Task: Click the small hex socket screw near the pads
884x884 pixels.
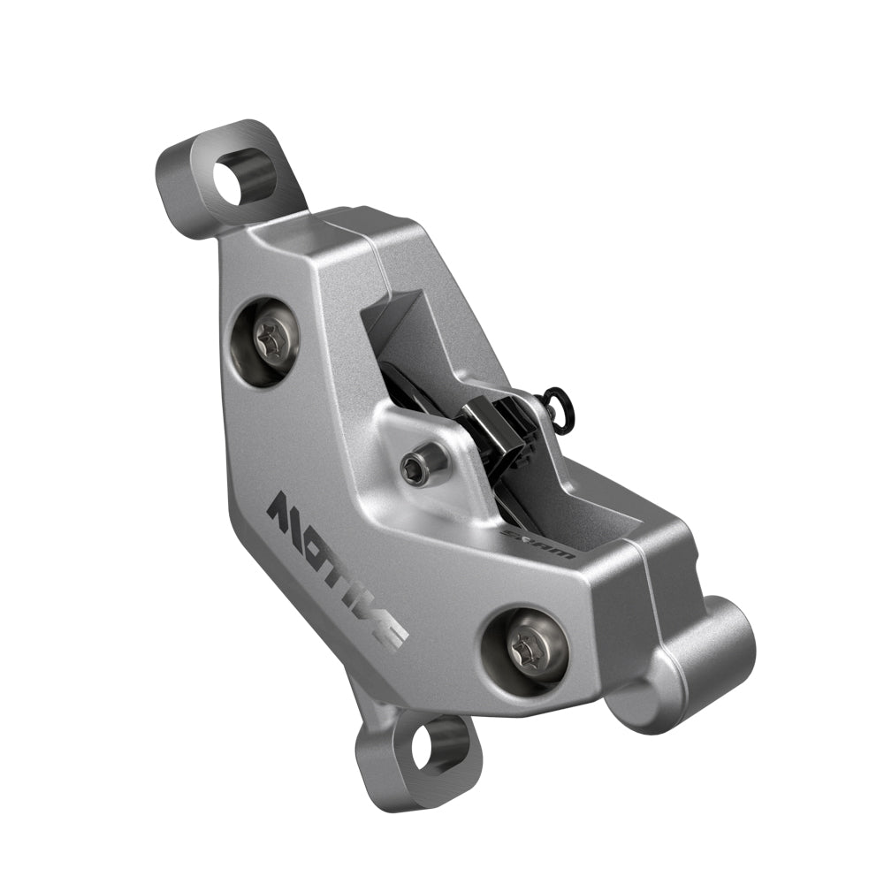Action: (x=413, y=469)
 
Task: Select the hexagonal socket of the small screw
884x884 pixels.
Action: (x=412, y=469)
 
